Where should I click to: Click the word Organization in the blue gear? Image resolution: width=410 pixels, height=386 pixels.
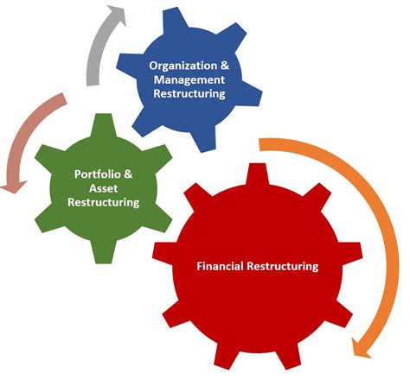tap(183, 66)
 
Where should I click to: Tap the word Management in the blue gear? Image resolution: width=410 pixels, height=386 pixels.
tap(189, 79)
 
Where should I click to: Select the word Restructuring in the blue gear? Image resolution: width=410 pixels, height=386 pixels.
tap(189, 94)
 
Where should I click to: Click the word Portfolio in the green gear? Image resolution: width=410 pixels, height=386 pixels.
tap(97, 174)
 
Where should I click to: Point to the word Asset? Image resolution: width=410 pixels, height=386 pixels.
tap(103, 188)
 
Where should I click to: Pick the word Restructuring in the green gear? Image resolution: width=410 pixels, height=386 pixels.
tap(104, 202)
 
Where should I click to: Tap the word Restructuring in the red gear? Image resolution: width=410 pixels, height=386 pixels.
tap(283, 267)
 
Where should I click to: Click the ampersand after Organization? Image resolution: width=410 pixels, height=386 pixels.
tap(225, 66)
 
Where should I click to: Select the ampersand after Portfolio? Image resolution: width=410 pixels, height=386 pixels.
tap(128, 174)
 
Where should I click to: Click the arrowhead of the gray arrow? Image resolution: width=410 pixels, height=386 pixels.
tap(117, 15)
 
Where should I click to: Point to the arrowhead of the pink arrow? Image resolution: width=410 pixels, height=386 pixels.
tap(13, 187)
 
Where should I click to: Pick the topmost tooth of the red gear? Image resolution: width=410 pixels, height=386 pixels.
tap(258, 174)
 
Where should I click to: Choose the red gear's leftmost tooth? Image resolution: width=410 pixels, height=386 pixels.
tap(163, 251)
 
